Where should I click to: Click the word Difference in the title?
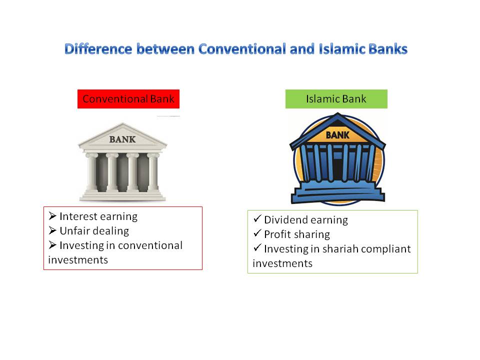[x=98, y=49]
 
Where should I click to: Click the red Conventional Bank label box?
[x=128, y=99]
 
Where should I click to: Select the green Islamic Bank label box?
[x=336, y=99]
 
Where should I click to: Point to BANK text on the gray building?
[x=122, y=139]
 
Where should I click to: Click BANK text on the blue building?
[x=337, y=135]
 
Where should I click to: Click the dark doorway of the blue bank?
[x=338, y=168]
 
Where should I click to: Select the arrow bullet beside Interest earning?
[x=52, y=216]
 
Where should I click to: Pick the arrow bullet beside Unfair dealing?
[x=52, y=230]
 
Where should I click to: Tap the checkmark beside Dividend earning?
[x=257, y=218]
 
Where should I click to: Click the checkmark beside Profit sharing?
[x=257, y=233]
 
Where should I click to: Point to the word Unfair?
[x=74, y=231]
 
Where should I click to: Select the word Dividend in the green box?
[x=285, y=220]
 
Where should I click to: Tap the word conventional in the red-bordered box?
[x=150, y=245]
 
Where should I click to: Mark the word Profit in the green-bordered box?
[x=277, y=234]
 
